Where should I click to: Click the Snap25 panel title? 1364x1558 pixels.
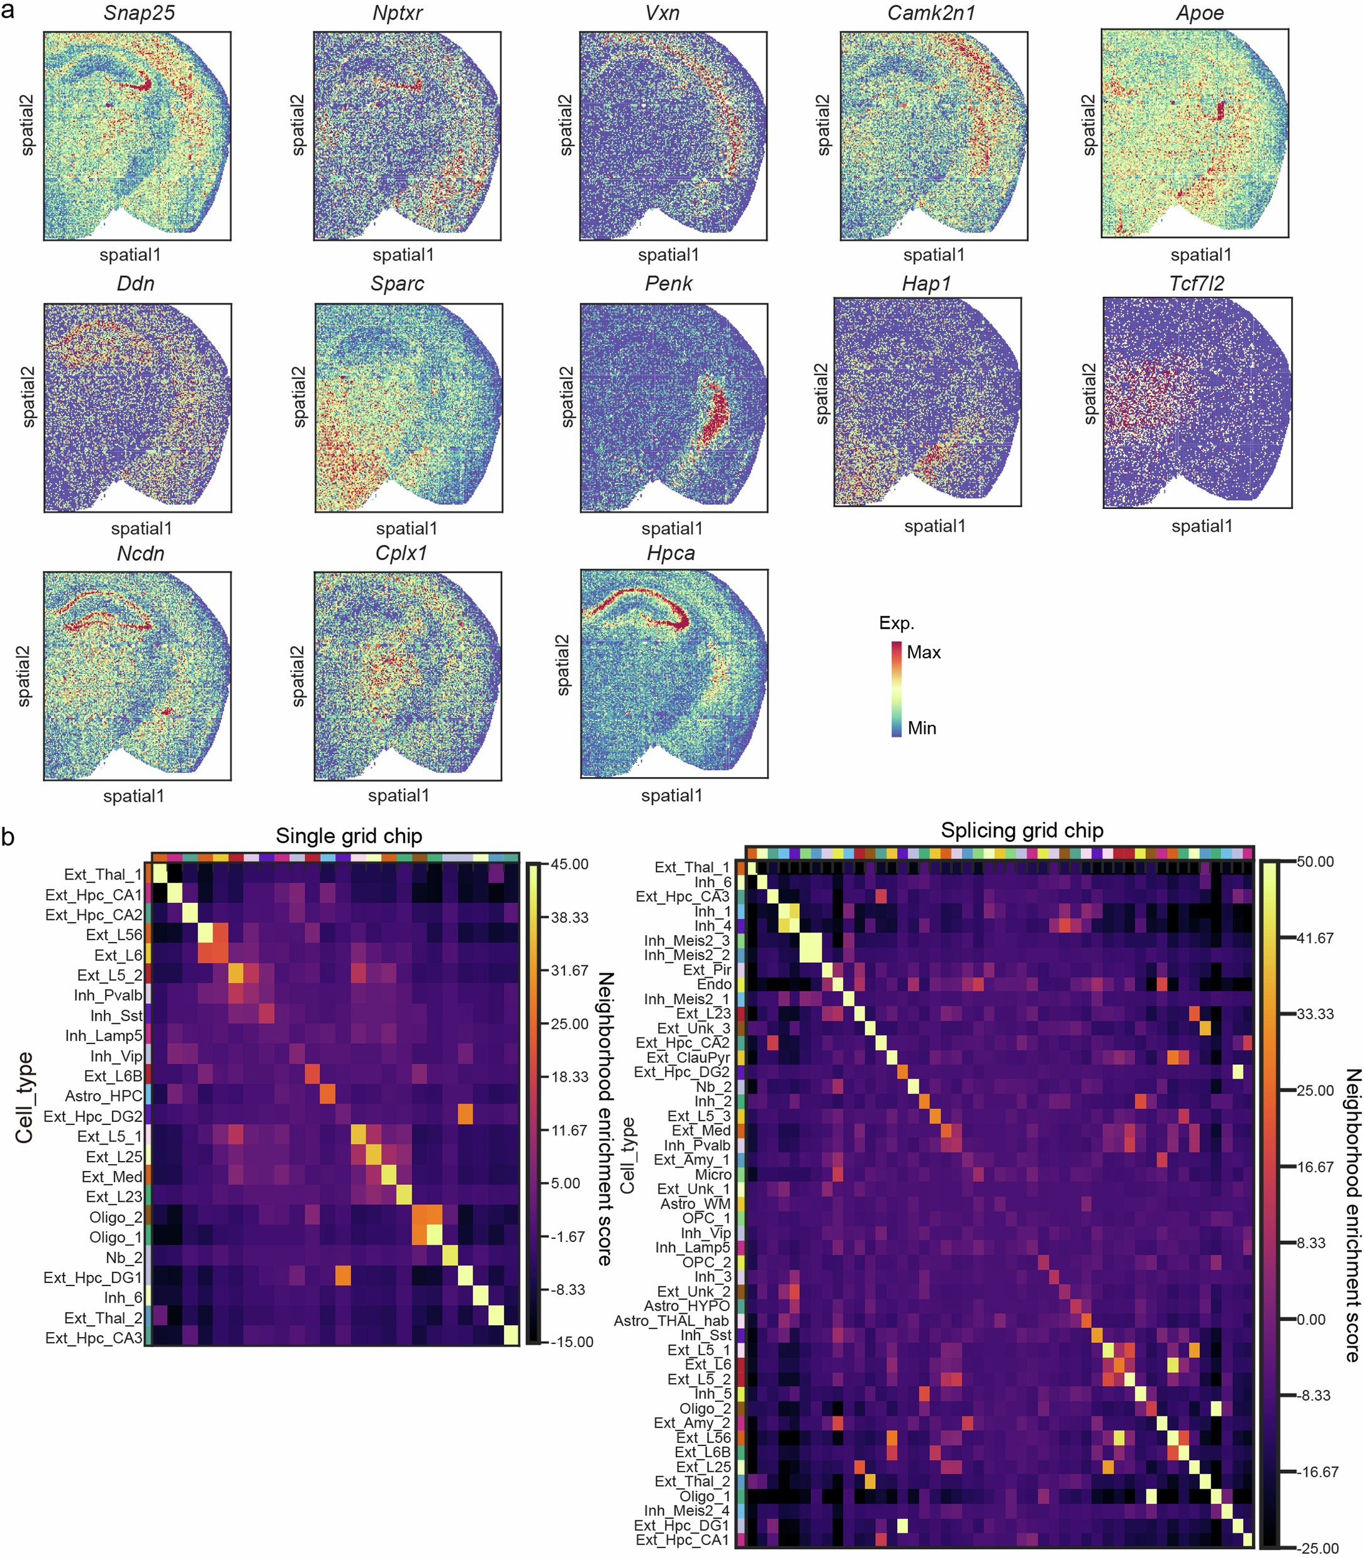coord(138,13)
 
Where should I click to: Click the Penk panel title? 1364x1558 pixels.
coord(668,283)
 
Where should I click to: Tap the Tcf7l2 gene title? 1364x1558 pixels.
coord(1197,283)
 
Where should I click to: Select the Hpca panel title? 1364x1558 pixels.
coord(671,553)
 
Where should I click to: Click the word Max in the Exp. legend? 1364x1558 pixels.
coord(924,653)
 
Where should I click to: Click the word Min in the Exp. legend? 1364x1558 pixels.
coord(922,729)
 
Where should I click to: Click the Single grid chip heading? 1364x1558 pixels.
coord(349,836)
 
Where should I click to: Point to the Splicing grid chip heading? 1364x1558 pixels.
coord(1022,831)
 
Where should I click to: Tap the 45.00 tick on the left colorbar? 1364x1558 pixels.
coord(569,864)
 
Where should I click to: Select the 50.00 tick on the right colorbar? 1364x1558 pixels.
coord(1316,861)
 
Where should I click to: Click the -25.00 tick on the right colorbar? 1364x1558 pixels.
coord(1317,1549)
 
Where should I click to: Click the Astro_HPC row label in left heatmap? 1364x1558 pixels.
coord(104,1096)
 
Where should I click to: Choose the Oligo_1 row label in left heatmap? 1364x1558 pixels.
coord(115,1238)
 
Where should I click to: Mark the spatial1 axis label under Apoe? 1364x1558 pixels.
coord(1200,255)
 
